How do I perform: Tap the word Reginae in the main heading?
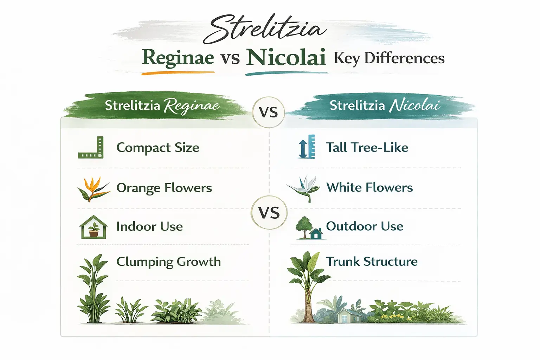pyautogui.click(x=178, y=58)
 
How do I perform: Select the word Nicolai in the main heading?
pyautogui.click(x=286, y=58)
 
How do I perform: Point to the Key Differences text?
pyautogui.click(x=389, y=58)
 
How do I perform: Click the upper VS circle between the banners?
pyautogui.click(x=268, y=112)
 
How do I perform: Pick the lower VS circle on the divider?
pyautogui.click(x=269, y=213)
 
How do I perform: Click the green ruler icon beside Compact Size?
pyautogui.click(x=91, y=148)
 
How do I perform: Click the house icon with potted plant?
pyautogui.click(x=94, y=227)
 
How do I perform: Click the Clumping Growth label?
pyautogui.click(x=168, y=262)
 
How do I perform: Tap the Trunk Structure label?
pyautogui.click(x=372, y=262)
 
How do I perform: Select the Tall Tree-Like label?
pyautogui.click(x=367, y=147)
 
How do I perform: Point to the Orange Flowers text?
pyautogui.click(x=164, y=188)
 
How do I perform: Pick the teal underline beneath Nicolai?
pyautogui.click(x=286, y=73)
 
